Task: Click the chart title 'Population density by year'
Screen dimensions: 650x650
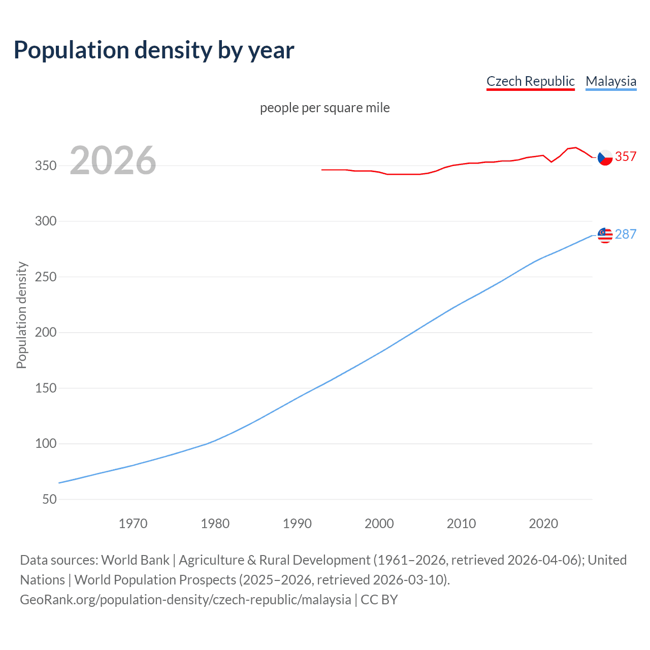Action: pos(154,50)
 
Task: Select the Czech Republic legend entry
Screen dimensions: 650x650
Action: pos(530,81)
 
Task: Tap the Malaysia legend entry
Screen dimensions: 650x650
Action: pos(610,81)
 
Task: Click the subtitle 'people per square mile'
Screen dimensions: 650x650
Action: pos(324,108)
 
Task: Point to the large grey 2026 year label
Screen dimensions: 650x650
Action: pos(113,160)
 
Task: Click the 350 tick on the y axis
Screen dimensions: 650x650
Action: pos(46,166)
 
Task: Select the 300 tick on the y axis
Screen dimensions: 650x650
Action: pos(46,221)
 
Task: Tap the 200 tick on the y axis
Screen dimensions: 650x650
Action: pos(46,333)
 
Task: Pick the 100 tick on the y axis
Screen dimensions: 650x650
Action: pos(46,444)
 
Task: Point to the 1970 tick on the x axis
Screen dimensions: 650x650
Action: pos(133,524)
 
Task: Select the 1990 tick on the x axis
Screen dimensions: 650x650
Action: pos(297,524)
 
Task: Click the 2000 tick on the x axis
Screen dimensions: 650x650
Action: pos(379,524)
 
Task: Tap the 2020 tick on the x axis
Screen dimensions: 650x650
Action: pos(543,524)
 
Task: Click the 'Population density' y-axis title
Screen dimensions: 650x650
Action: pos(21,315)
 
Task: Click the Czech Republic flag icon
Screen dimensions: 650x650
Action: pos(605,158)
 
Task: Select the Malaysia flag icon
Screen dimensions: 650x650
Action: pos(605,235)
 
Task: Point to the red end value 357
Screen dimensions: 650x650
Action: pos(626,157)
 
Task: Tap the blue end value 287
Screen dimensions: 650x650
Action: pos(626,234)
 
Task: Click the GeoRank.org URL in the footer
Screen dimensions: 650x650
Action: pos(185,600)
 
